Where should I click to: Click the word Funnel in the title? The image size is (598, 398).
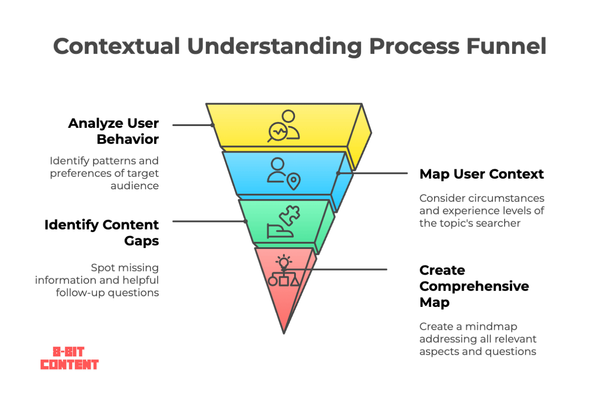point(506,46)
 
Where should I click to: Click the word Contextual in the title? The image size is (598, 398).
point(116,46)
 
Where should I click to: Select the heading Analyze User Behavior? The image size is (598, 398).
point(113,131)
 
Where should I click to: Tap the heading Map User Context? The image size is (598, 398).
point(482,174)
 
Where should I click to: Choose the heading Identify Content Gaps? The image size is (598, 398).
point(102,233)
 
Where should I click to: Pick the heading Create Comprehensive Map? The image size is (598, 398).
point(474,287)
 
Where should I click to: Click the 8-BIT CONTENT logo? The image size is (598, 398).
point(70,358)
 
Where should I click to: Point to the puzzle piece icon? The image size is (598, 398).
point(290,215)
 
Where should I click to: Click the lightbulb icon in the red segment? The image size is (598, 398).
point(284,262)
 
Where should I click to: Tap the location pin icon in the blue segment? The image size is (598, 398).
point(294,181)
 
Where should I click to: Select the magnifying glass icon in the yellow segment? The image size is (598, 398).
point(277,132)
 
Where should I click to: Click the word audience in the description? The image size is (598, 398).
point(135,186)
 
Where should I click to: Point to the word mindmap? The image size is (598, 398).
point(491,326)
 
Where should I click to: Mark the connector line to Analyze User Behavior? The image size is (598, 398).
point(193,125)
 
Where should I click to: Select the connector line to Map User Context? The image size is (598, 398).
point(372,173)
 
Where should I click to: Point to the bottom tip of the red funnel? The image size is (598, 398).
point(284,333)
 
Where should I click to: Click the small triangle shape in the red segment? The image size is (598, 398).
point(295,282)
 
